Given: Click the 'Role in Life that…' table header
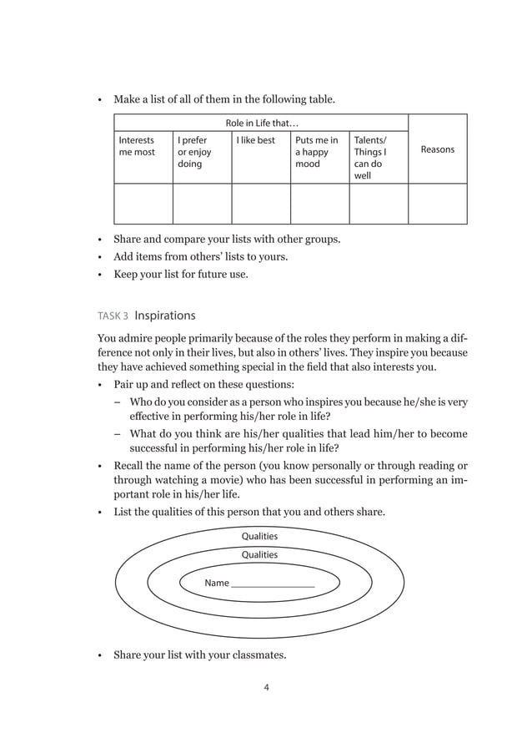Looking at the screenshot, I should [262, 124].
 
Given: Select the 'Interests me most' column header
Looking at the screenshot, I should [137, 147].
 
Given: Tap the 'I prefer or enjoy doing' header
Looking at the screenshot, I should [194, 153].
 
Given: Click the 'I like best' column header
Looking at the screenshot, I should [255, 141].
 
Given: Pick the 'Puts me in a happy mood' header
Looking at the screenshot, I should [317, 153].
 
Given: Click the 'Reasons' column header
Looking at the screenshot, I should [438, 149].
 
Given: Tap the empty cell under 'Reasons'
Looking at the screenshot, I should [438, 204].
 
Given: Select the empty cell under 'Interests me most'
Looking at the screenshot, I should [143, 204].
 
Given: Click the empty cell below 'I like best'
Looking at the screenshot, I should [260, 204].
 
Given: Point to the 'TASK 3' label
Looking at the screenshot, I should [113, 316].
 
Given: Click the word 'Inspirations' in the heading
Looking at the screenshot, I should [165, 316].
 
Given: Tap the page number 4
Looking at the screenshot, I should [266, 688].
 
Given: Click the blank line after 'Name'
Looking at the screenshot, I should [273, 584].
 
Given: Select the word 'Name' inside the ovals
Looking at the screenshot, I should [217, 583].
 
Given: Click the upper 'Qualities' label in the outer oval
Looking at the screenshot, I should [259, 536].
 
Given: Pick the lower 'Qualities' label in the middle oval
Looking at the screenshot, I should [259, 554].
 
